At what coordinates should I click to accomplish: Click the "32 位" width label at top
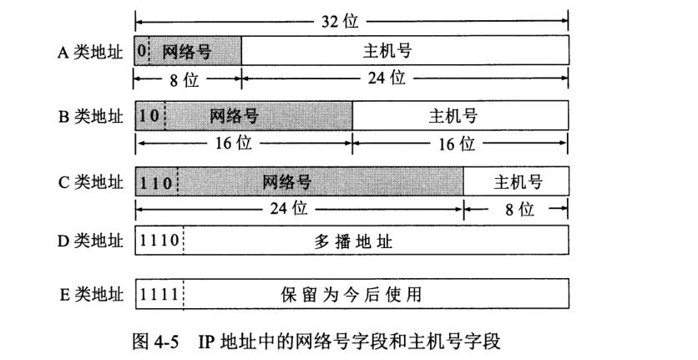pyautogui.click(x=340, y=21)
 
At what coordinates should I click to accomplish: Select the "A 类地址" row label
pyautogui.click(x=90, y=52)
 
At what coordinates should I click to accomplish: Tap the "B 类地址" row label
pyautogui.click(x=90, y=116)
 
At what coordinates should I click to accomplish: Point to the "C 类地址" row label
pyautogui.click(x=90, y=182)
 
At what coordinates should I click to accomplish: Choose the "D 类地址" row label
pyautogui.click(x=90, y=241)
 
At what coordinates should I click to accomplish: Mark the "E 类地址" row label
pyautogui.click(x=91, y=295)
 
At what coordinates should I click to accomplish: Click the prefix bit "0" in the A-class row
pyautogui.click(x=142, y=51)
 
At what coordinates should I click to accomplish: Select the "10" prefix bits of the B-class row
pyautogui.click(x=149, y=116)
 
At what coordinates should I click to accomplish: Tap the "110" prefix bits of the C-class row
pyautogui.click(x=156, y=182)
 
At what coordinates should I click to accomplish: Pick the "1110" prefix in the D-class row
pyautogui.click(x=159, y=241)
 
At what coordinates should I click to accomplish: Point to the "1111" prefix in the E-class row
pyautogui.click(x=159, y=294)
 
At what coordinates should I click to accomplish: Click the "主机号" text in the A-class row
pyautogui.click(x=387, y=51)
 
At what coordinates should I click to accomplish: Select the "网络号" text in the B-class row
pyautogui.click(x=234, y=116)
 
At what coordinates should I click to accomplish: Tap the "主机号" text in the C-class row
pyautogui.click(x=518, y=182)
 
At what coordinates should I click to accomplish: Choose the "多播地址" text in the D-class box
pyautogui.click(x=353, y=241)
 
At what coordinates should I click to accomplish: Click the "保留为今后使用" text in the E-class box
pyautogui.click(x=351, y=295)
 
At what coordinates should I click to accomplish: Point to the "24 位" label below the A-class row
pyautogui.click(x=387, y=78)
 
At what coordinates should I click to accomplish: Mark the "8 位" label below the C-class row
pyautogui.click(x=519, y=209)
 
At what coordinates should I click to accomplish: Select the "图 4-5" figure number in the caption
pyautogui.click(x=155, y=342)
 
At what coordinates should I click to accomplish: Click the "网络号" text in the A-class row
pyautogui.click(x=186, y=52)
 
